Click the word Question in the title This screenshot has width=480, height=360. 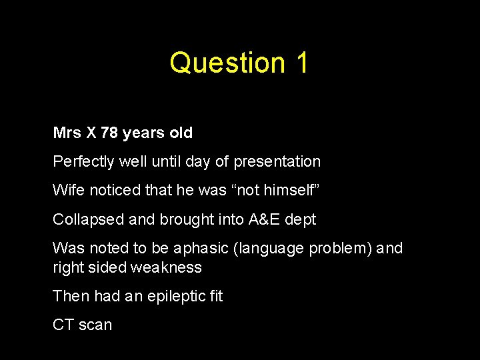(218, 63)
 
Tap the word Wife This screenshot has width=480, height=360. (67, 191)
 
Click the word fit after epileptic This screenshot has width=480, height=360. (213, 296)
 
